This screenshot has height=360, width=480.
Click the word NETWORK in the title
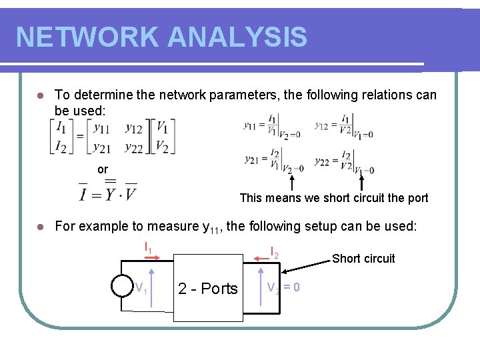coord(87,37)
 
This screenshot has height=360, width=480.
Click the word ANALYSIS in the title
coord(238,37)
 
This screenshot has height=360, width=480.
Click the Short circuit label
coord(363,259)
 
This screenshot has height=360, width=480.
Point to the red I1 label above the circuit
coord(149,248)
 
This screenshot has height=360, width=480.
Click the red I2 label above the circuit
coord(273,253)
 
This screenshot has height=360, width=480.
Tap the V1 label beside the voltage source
coord(141,289)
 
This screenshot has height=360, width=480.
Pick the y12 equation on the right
coord(343,125)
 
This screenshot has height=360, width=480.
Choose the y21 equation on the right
coord(273,161)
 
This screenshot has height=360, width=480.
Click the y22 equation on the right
coord(344,161)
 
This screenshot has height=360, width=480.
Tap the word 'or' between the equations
coord(102,169)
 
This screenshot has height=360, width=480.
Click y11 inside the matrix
coord(102,127)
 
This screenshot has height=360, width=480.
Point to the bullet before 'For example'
coord(41,227)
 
